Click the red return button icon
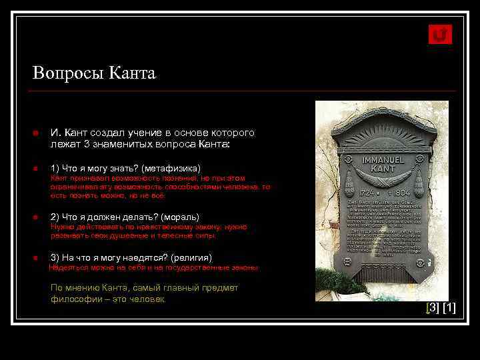tap(440, 35)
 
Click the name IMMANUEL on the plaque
tap(382, 160)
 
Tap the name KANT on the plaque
tap(382, 171)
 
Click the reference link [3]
tap(433, 307)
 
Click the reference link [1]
tap(449, 307)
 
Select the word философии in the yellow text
tap(71, 299)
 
